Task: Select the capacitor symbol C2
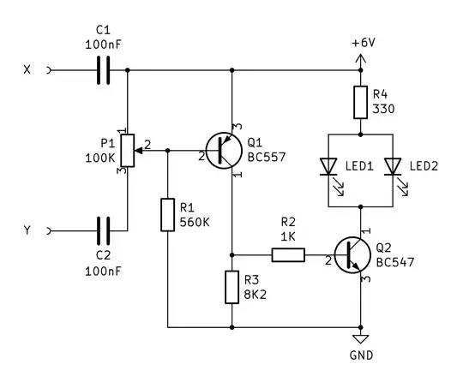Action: pyautogui.click(x=104, y=230)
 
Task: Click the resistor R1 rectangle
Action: pyautogui.click(x=168, y=214)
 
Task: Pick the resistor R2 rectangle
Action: pyautogui.click(x=287, y=254)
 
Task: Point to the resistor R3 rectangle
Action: pyautogui.click(x=231, y=287)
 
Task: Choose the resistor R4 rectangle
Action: pyautogui.click(x=360, y=103)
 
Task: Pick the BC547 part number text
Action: pyautogui.click(x=395, y=262)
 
